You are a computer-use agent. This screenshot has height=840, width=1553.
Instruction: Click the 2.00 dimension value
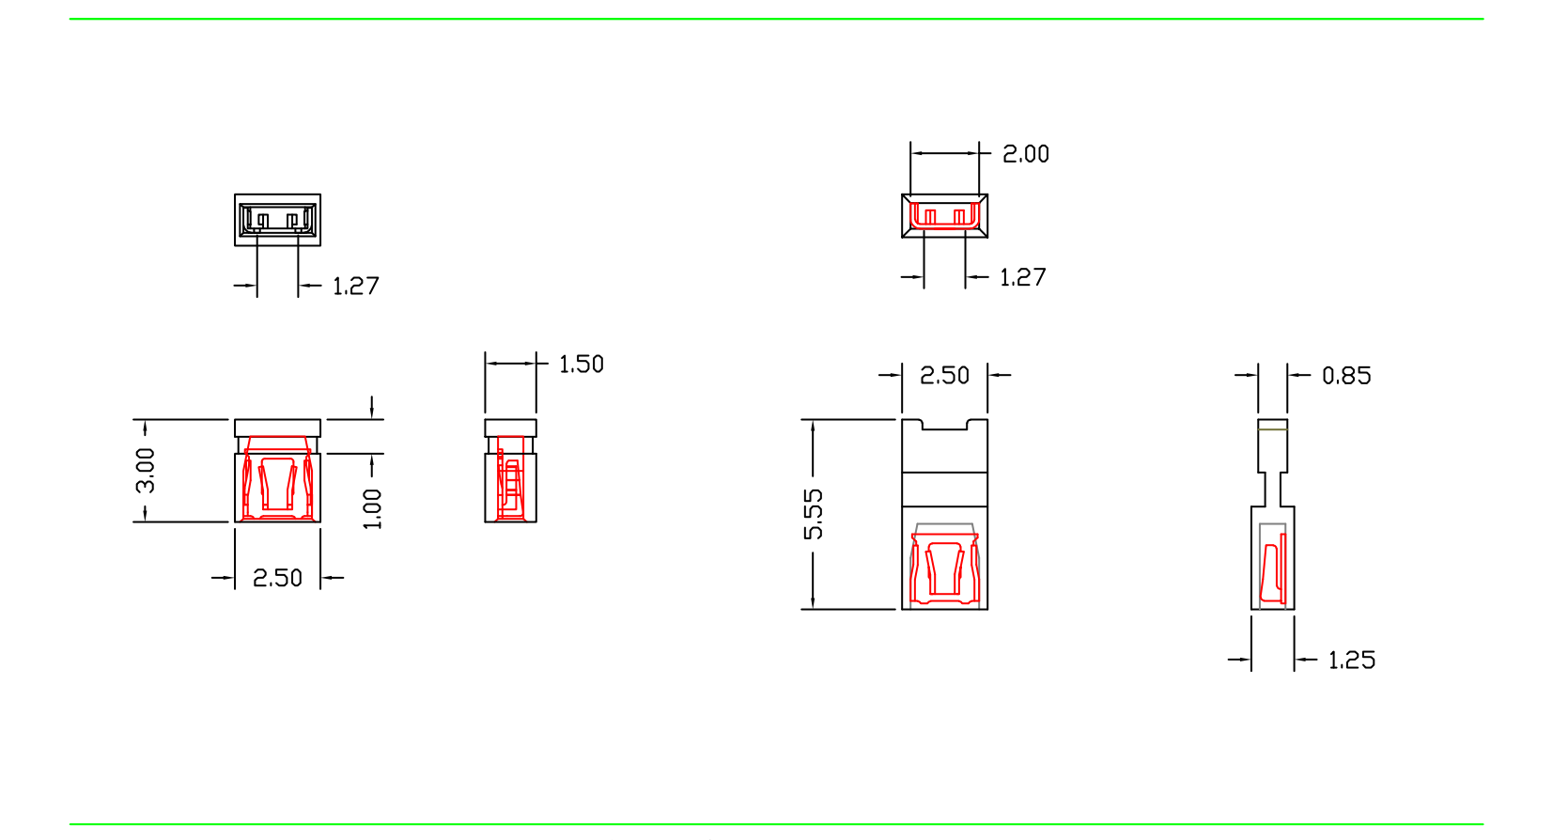1025,154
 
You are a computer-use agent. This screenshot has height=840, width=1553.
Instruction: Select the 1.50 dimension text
581,365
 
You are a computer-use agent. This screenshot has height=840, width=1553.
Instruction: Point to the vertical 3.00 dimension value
146,471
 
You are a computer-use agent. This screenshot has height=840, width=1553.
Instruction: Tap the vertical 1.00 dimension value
372,508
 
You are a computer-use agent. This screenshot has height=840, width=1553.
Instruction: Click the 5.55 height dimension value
814,514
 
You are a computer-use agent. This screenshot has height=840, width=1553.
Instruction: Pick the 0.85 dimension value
1346,376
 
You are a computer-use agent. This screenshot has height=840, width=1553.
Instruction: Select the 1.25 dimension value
1351,661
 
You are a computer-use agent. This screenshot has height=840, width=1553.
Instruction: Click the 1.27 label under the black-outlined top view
356,286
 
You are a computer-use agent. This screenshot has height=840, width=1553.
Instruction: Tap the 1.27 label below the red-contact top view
1022,277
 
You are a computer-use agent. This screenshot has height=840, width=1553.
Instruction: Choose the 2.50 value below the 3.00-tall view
277,578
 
